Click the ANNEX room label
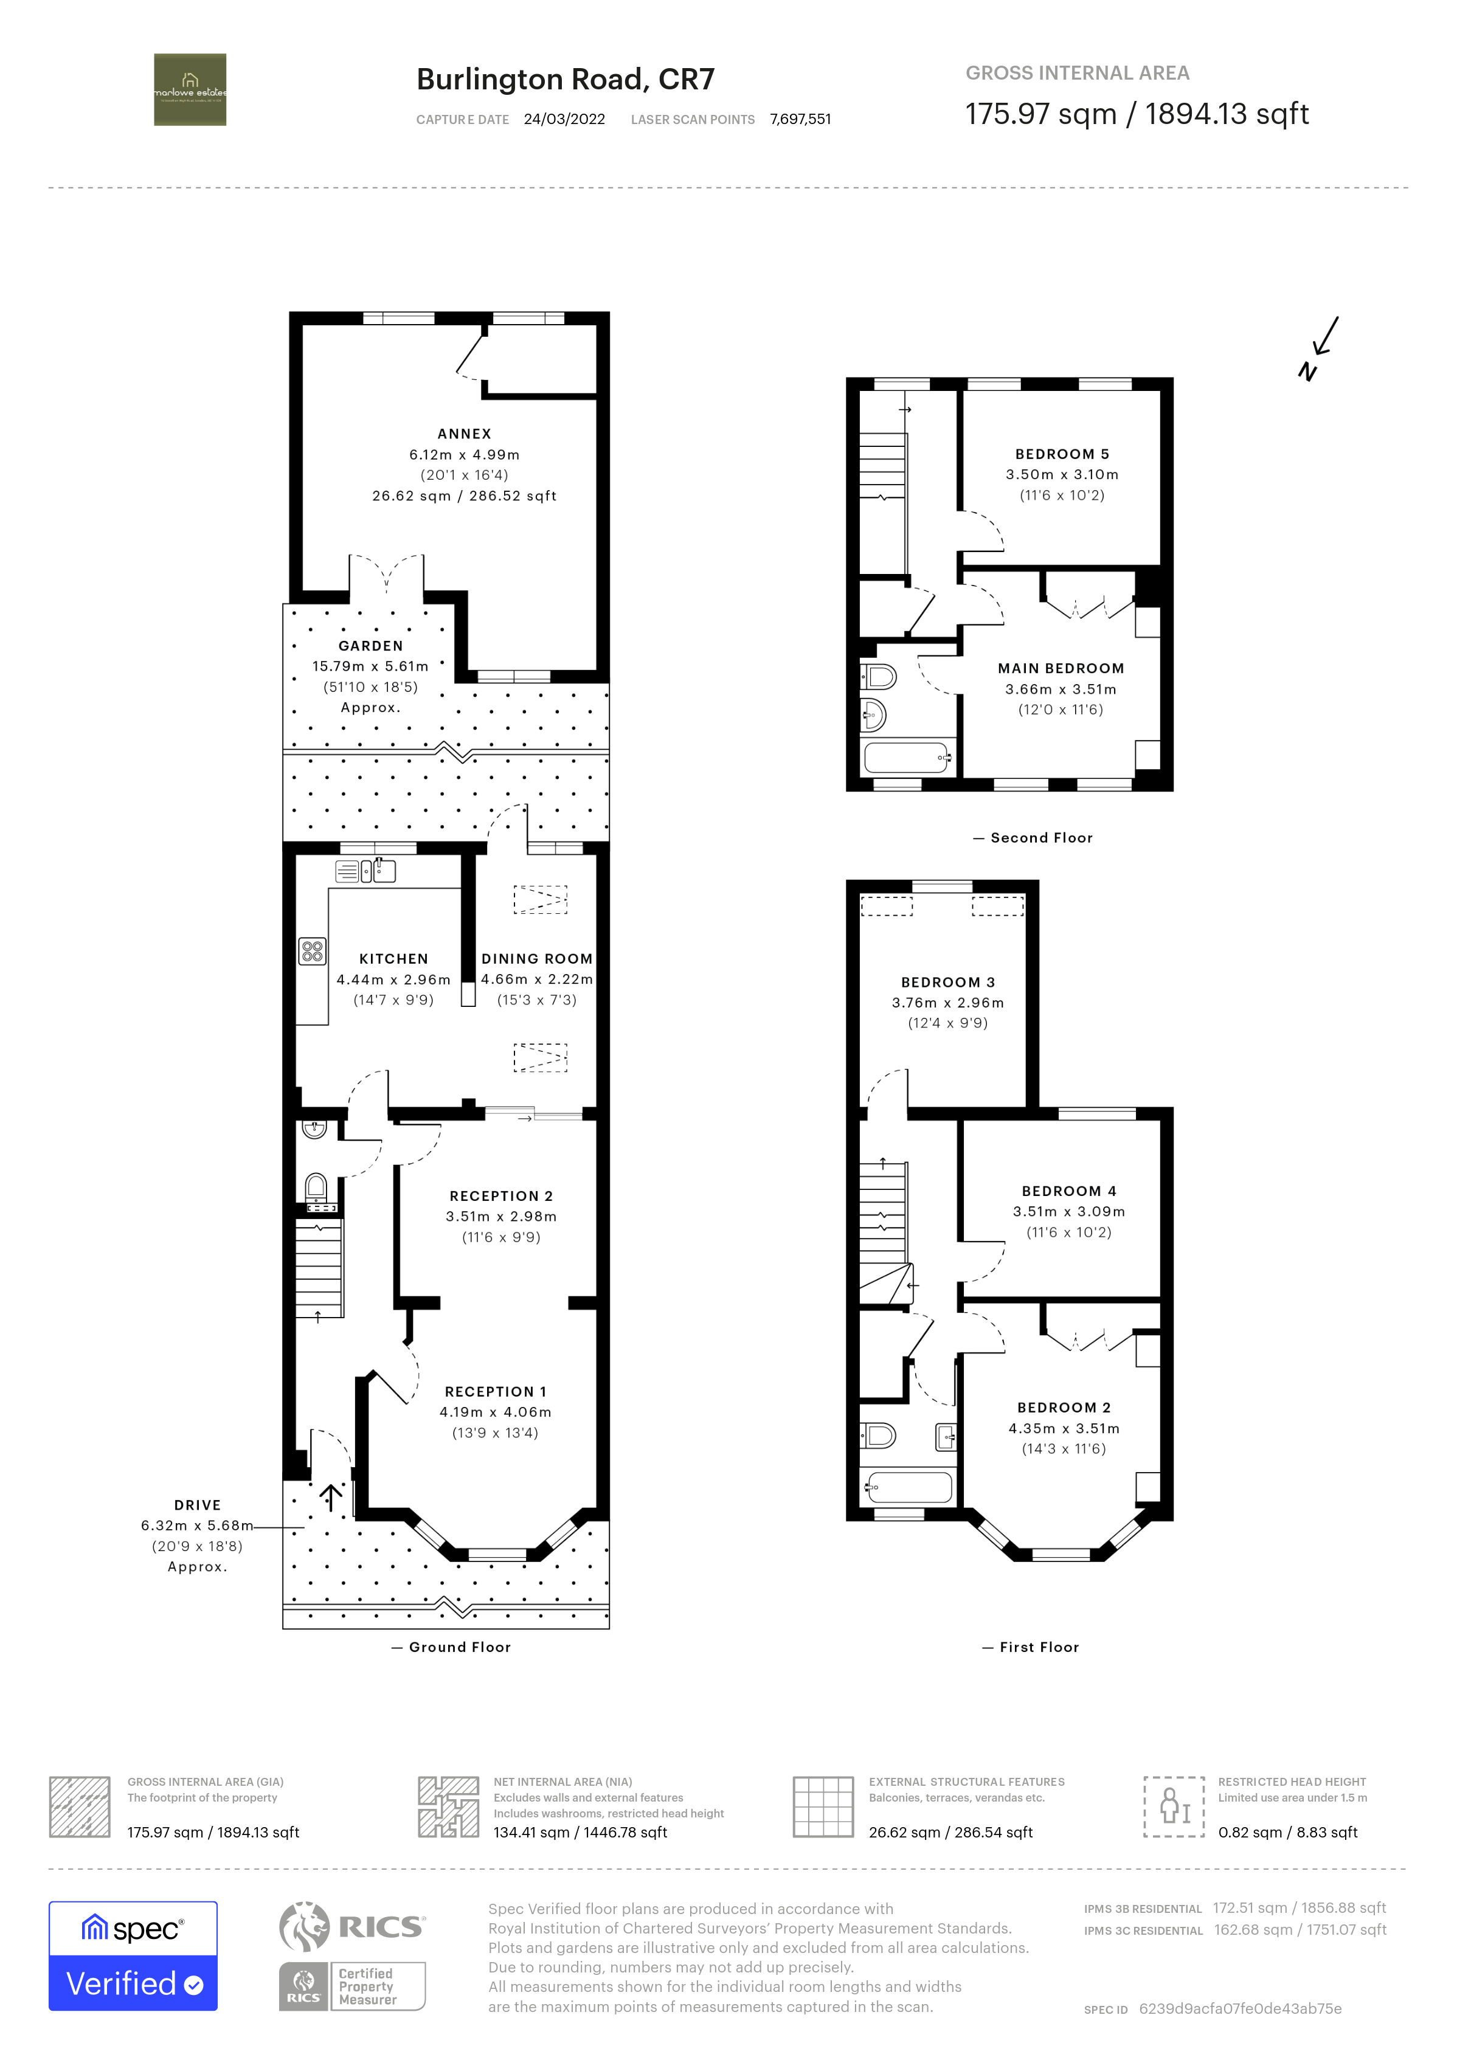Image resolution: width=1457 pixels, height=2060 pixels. tap(464, 434)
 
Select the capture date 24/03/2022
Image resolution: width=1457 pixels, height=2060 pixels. tap(564, 119)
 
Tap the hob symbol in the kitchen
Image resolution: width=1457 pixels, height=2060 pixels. tap(312, 951)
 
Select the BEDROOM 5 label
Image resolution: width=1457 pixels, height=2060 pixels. tap(1061, 454)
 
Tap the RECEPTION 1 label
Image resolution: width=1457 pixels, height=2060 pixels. tap(495, 1392)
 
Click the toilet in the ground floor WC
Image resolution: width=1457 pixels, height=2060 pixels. tap(316, 1188)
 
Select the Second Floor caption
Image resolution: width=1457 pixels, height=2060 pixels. tap(1040, 837)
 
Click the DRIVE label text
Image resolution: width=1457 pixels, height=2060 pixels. tap(198, 1505)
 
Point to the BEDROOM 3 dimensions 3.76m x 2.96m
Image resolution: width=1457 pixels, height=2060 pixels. tap(947, 1002)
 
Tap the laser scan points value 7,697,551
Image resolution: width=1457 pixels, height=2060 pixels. tap(800, 119)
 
